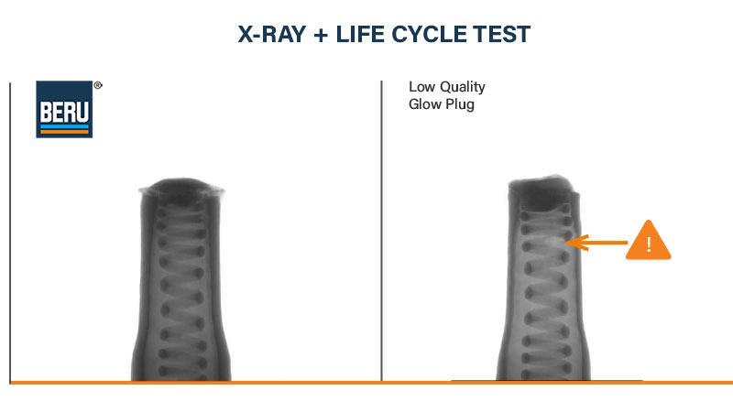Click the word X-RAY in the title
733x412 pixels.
tap(273, 35)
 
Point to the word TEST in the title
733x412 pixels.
tap(505, 35)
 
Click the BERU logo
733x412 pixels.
tap(64, 109)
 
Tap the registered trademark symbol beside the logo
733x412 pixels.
tap(98, 85)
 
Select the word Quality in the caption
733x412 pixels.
tap(461, 88)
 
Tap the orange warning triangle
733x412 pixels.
tap(649, 242)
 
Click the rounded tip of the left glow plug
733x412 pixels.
tap(181, 188)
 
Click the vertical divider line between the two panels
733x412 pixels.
tap(381, 229)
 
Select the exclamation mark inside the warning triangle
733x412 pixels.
tap(649, 245)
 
